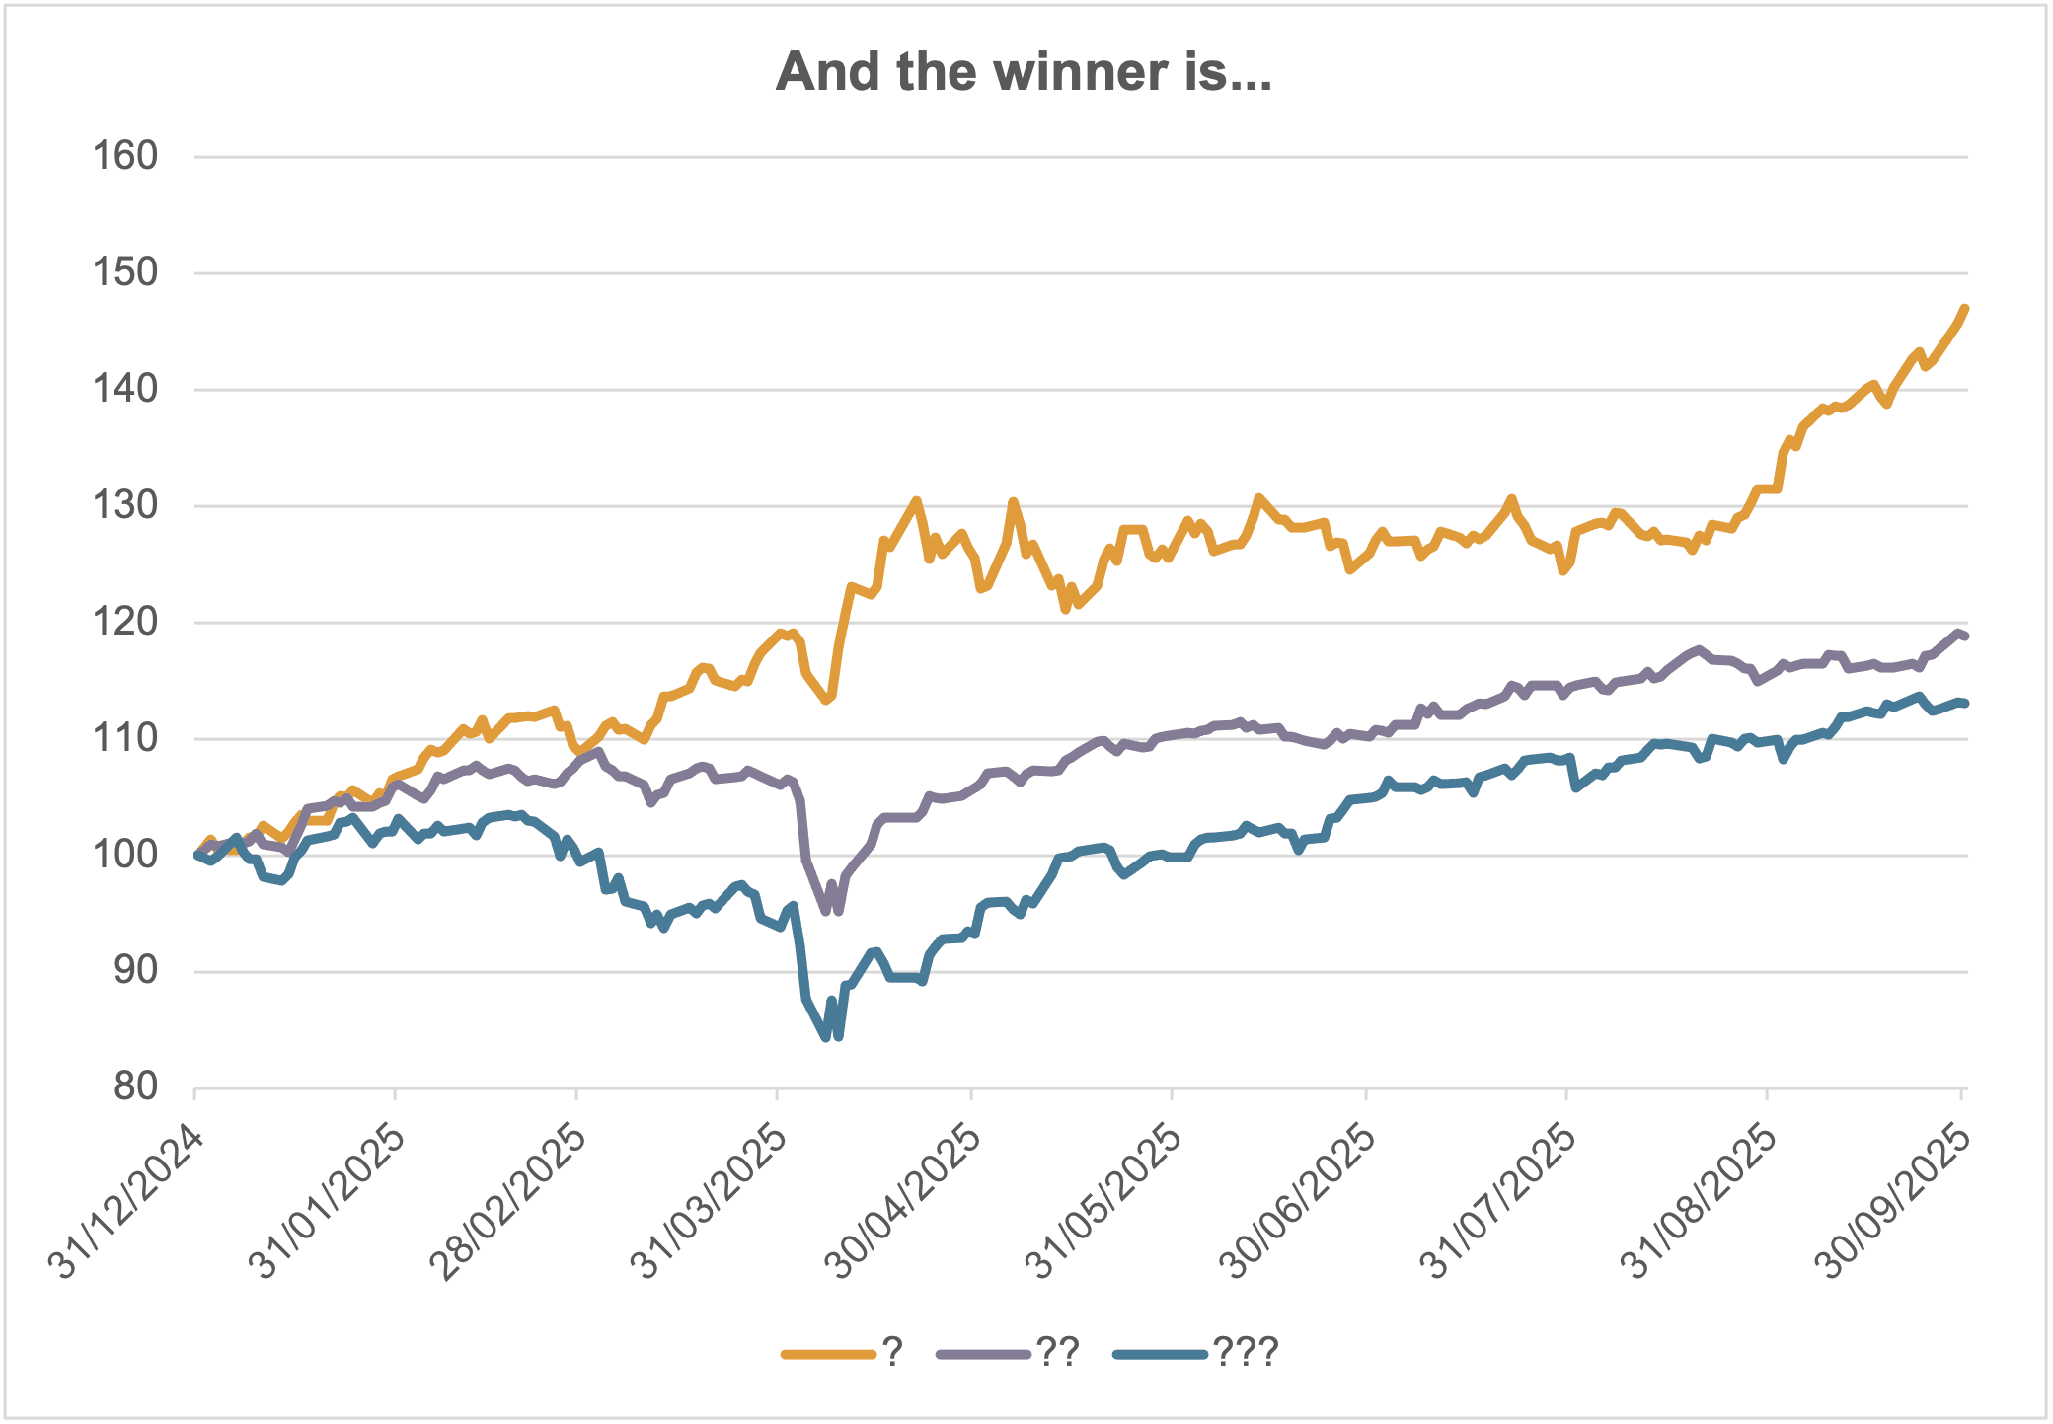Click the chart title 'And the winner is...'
click(1024, 72)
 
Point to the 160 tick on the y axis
click(125, 156)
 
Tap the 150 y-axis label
click(125, 272)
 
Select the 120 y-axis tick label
click(125, 622)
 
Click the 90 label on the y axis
click(135, 971)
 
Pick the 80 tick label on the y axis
click(135, 1087)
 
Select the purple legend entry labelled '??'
click(1007, 1352)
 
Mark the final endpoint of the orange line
click(1965, 309)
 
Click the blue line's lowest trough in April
click(826, 1037)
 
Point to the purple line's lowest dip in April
click(826, 911)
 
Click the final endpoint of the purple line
click(1965, 637)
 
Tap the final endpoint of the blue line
click(1965, 703)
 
